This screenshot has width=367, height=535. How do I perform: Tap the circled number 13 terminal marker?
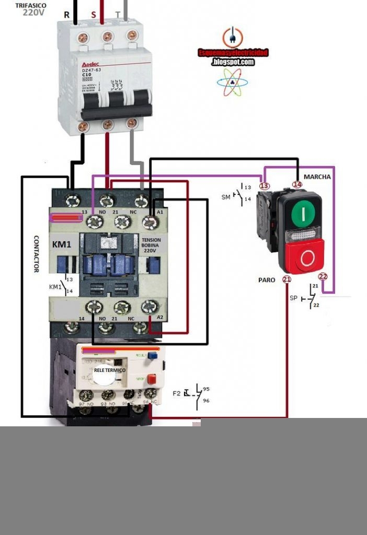[265, 185]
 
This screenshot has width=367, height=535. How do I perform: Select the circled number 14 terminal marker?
[297, 184]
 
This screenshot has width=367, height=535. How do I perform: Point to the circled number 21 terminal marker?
[286, 280]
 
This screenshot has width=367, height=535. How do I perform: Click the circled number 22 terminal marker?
[323, 276]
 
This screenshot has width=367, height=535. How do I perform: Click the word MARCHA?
[317, 177]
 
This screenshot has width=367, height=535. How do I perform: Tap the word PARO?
[267, 280]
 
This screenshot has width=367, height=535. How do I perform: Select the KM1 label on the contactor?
[62, 244]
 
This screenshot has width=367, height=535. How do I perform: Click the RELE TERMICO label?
[110, 370]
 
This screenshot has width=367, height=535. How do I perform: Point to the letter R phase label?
[66, 15]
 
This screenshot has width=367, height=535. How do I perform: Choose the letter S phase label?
[94, 15]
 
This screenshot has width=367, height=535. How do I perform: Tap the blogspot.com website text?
[233, 62]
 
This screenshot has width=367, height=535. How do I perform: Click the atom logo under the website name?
[232, 83]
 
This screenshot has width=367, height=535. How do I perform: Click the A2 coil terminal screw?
[150, 307]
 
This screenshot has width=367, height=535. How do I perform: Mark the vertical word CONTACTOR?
[37, 253]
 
